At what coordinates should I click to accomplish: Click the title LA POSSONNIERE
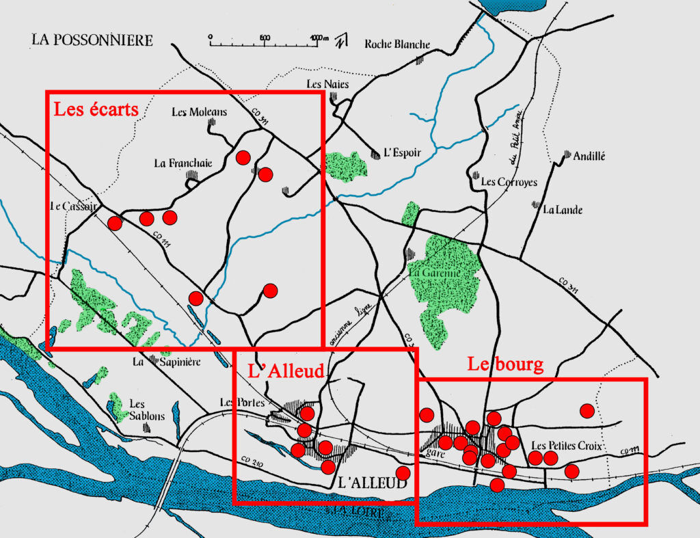point(92,40)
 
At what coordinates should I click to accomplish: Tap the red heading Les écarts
point(96,109)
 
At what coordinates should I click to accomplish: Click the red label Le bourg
point(505,364)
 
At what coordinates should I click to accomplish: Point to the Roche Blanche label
point(397,44)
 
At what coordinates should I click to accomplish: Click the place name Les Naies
point(327,84)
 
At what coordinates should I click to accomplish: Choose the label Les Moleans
point(199,111)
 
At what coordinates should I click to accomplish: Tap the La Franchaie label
point(183,163)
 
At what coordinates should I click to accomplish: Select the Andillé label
point(589,156)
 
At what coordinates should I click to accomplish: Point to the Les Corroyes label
point(509,183)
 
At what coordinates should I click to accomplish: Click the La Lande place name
point(563,210)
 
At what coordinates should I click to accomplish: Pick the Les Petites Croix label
point(566,446)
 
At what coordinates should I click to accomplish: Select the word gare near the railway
point(429,453)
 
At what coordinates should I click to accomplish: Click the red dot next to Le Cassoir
point(115,223)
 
